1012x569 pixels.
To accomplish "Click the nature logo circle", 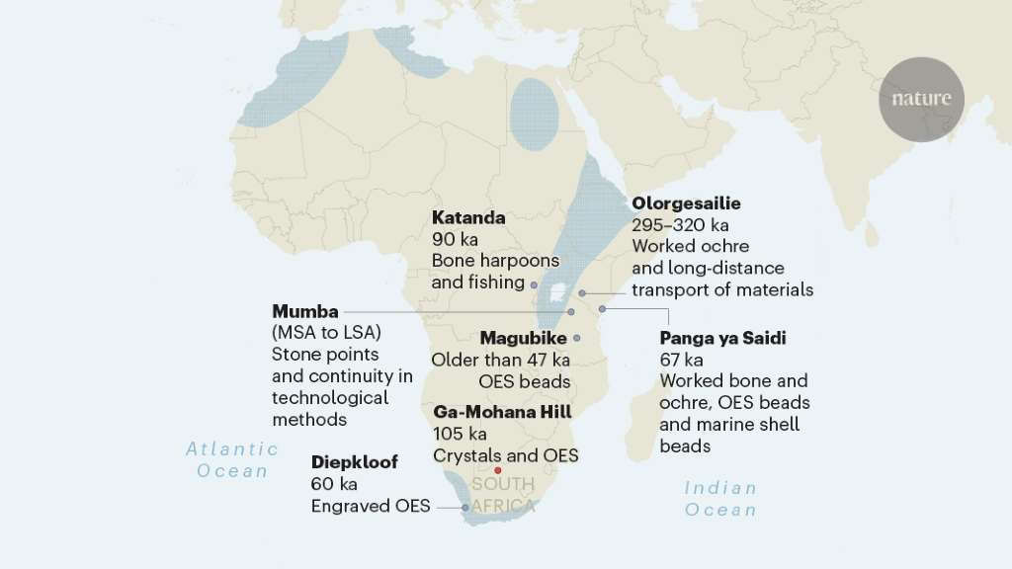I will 921,99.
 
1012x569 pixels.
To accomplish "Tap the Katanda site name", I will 468,217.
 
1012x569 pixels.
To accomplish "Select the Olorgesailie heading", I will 686,203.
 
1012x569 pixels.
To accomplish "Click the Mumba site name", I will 304,310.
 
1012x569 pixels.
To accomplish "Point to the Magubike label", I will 523,338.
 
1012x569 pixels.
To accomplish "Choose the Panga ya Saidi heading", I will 722,338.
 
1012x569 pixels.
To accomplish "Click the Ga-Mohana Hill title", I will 502,411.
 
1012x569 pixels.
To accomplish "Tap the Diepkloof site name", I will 354,462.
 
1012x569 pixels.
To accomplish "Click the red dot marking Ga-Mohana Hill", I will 498,470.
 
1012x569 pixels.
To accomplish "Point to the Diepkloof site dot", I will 465,508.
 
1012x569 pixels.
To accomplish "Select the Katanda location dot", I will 534,284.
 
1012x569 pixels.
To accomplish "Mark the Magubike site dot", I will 577,338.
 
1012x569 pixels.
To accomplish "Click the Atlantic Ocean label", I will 232,460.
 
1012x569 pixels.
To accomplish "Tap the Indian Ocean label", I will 720,499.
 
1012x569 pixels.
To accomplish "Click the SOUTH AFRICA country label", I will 503,495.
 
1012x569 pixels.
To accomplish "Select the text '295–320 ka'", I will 680,225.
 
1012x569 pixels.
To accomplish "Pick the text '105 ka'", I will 459,433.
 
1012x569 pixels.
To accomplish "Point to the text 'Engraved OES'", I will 371,506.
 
